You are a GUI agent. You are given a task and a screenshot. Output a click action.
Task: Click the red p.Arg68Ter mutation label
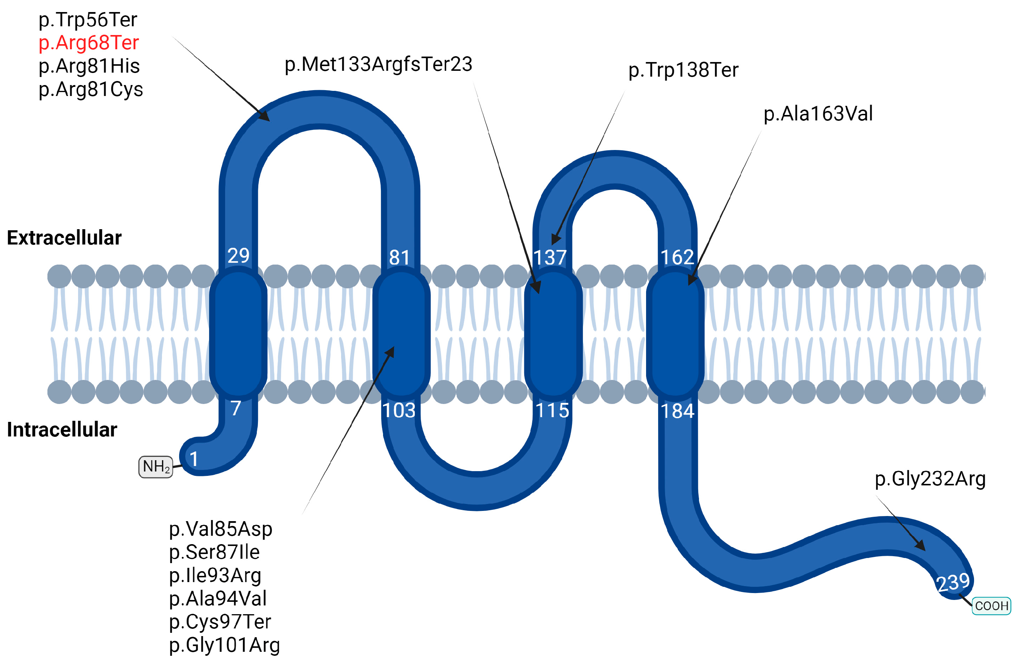(88, 43)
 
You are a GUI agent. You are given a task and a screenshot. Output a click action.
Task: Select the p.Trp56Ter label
(88, 20)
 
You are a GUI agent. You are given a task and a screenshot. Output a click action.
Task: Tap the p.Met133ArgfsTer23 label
(378, 65)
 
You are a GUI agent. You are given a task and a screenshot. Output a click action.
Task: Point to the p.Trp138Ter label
(683, 70)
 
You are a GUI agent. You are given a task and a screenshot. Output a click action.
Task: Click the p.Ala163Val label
(818, 113)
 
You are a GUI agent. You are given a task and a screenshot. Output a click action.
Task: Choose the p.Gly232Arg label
(930, 479)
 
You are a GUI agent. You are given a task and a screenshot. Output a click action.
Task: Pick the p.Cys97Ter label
(220, 621)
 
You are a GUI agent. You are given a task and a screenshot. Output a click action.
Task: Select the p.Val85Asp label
(220, 529)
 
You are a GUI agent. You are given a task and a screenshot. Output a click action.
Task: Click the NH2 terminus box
(156, 467)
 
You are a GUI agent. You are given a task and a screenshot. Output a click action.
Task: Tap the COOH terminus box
(991, 606)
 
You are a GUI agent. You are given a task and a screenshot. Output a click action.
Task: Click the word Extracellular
(64, 238)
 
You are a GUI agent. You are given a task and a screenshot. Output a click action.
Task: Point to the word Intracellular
(62, 430)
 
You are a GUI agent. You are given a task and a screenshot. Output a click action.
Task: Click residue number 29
(238, 256)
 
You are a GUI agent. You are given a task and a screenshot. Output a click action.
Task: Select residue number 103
(399, 411)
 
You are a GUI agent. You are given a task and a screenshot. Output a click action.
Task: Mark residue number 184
(677, 411)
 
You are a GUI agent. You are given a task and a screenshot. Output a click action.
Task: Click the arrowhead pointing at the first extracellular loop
(265, 116)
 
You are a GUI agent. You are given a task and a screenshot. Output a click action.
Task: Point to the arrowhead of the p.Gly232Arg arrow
(920, 546)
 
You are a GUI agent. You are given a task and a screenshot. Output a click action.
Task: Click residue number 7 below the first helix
(236, 408)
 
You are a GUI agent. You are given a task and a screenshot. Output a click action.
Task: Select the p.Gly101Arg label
(224, 645)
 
